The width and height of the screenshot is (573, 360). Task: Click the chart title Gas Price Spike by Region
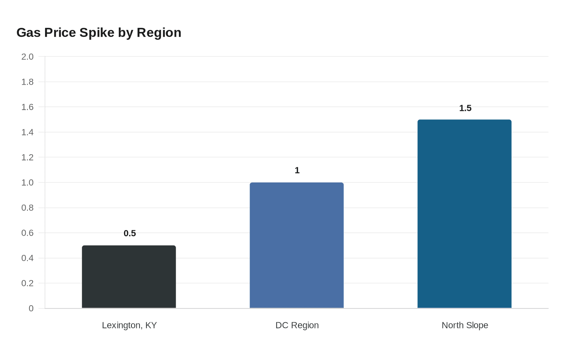pos(99,32)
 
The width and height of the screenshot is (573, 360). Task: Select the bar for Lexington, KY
pos(129,277)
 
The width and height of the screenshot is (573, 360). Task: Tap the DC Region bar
pos(297,245)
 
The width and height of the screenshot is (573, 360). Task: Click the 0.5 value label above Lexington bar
pos(130,233)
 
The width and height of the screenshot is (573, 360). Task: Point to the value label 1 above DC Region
pos(297,170)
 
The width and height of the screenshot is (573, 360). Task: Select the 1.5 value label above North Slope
pos(465,108)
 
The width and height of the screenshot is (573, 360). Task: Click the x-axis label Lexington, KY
pos(129,325)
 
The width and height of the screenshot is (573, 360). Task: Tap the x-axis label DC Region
pos(297,325)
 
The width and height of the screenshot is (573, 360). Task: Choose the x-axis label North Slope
pos(465,325)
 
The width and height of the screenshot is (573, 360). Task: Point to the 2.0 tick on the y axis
pos(27,56)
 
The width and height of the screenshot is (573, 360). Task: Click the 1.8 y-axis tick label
pos(27,82)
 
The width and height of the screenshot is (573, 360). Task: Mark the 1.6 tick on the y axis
pos(27,107)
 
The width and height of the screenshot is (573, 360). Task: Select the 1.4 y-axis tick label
pos(27,132)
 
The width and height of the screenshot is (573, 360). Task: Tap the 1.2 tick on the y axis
pos(27,157)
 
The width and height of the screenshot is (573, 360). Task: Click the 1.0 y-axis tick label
pos(27,182)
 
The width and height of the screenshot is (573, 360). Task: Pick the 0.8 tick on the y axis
pos(27,208)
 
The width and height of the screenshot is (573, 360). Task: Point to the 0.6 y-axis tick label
pos(27,233)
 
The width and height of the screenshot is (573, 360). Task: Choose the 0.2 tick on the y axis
pos(27,283)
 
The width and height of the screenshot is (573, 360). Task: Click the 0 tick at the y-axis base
pos(31,308)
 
